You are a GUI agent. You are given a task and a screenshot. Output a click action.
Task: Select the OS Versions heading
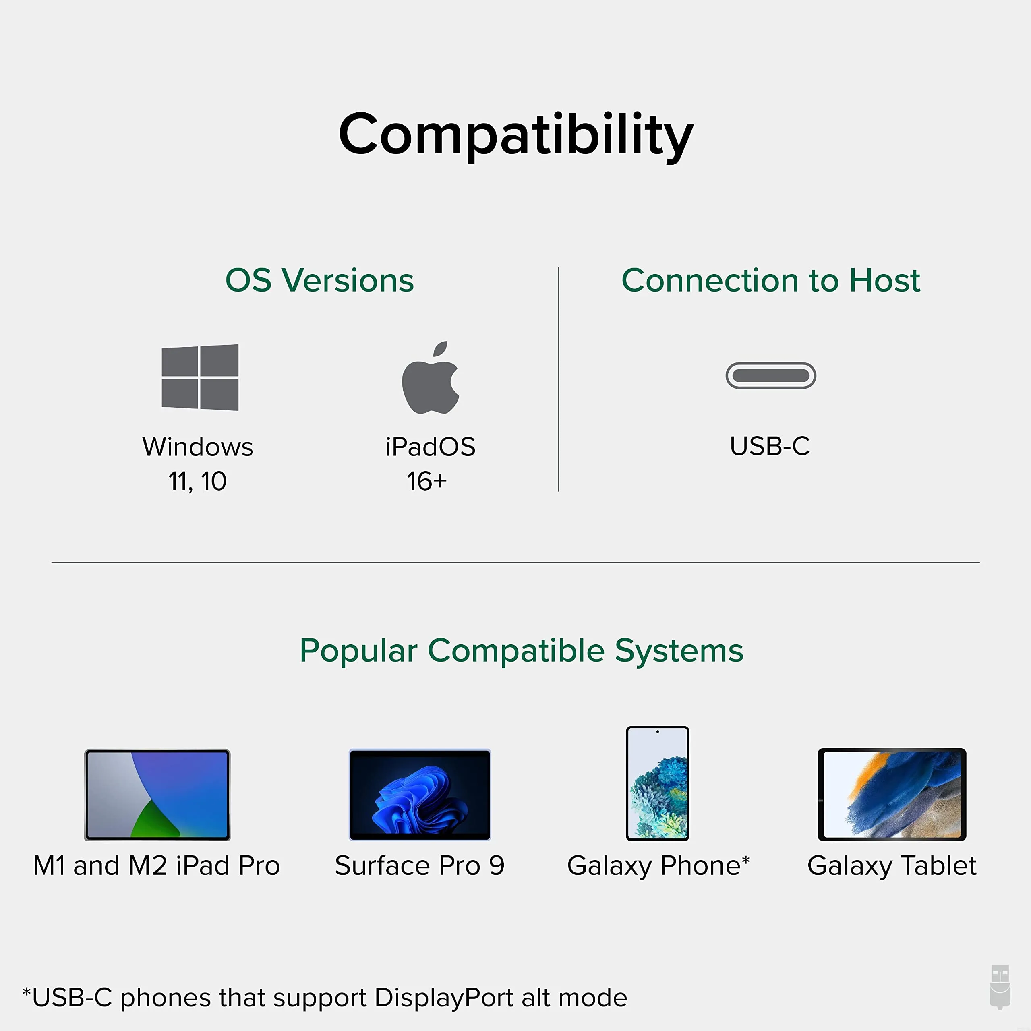coord(319,280)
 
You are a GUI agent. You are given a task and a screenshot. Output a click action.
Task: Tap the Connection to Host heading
coord(770,280)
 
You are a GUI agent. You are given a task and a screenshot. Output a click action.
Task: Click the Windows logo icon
coord(200,377)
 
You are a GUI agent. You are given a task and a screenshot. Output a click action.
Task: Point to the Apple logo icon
coord(430,378)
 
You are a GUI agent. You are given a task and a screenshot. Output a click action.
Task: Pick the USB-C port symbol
coord(770,376)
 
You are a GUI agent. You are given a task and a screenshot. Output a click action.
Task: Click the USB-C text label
coord(770,446)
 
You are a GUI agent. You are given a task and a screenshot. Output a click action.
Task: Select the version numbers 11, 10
coord(197,481)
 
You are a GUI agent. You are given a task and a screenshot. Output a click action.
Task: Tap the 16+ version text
coord(426,481)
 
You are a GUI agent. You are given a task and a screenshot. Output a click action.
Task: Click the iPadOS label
coord(430,447)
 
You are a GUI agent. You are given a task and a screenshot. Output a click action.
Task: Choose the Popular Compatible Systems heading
coord(522,651)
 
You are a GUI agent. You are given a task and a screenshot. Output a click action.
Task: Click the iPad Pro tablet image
coord(157,795)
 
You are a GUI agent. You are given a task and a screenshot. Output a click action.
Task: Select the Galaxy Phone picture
coord(657,783)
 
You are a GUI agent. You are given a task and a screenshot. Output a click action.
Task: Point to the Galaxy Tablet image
coord(892,795)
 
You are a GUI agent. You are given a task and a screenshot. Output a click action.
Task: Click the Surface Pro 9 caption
coord(419,865)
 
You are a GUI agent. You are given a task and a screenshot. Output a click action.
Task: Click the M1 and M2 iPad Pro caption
coord(156,865)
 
